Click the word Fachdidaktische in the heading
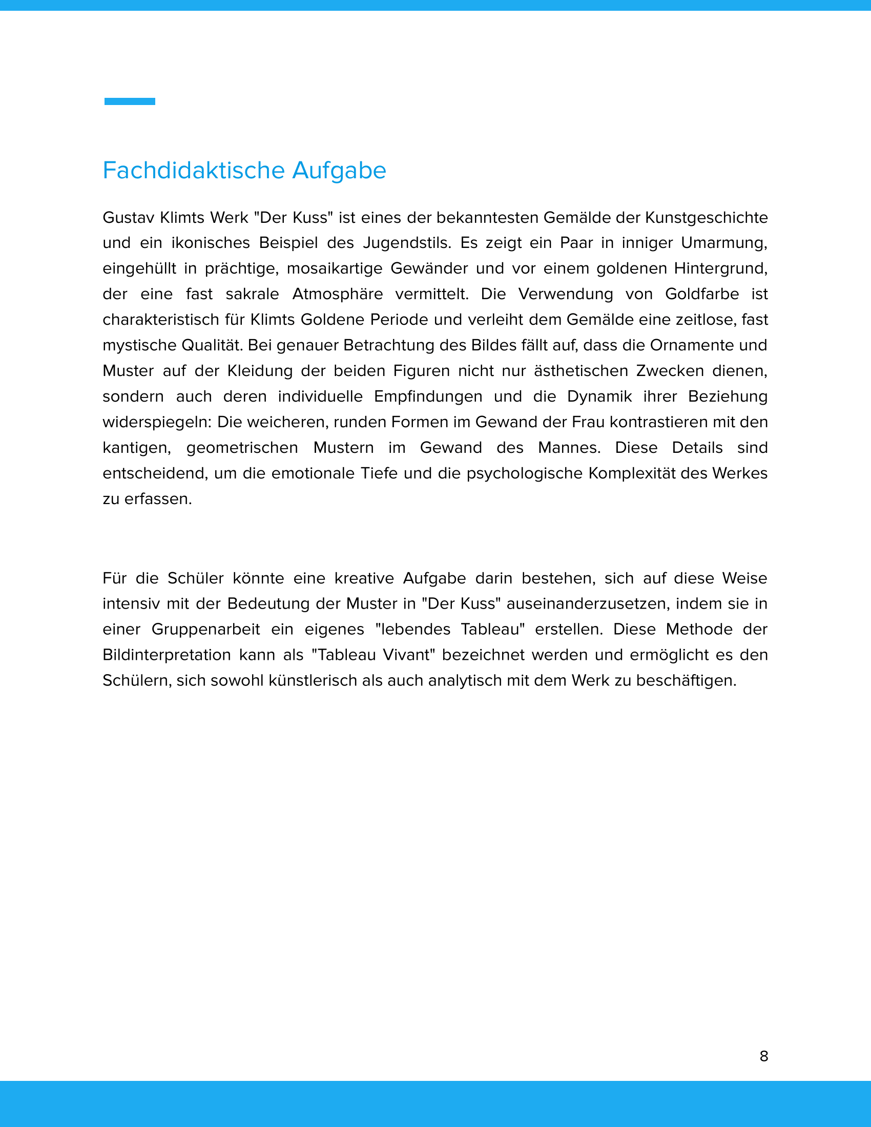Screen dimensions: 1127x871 194,171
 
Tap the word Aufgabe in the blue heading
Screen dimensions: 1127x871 339,171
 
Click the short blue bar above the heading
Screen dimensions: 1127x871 130,101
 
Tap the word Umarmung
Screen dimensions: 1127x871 723,243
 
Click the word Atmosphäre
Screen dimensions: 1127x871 338,294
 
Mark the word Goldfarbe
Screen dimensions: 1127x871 702,294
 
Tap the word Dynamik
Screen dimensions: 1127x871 599,396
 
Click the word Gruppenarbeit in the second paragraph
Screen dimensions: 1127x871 205,630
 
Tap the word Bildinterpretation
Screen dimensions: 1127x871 167,655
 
